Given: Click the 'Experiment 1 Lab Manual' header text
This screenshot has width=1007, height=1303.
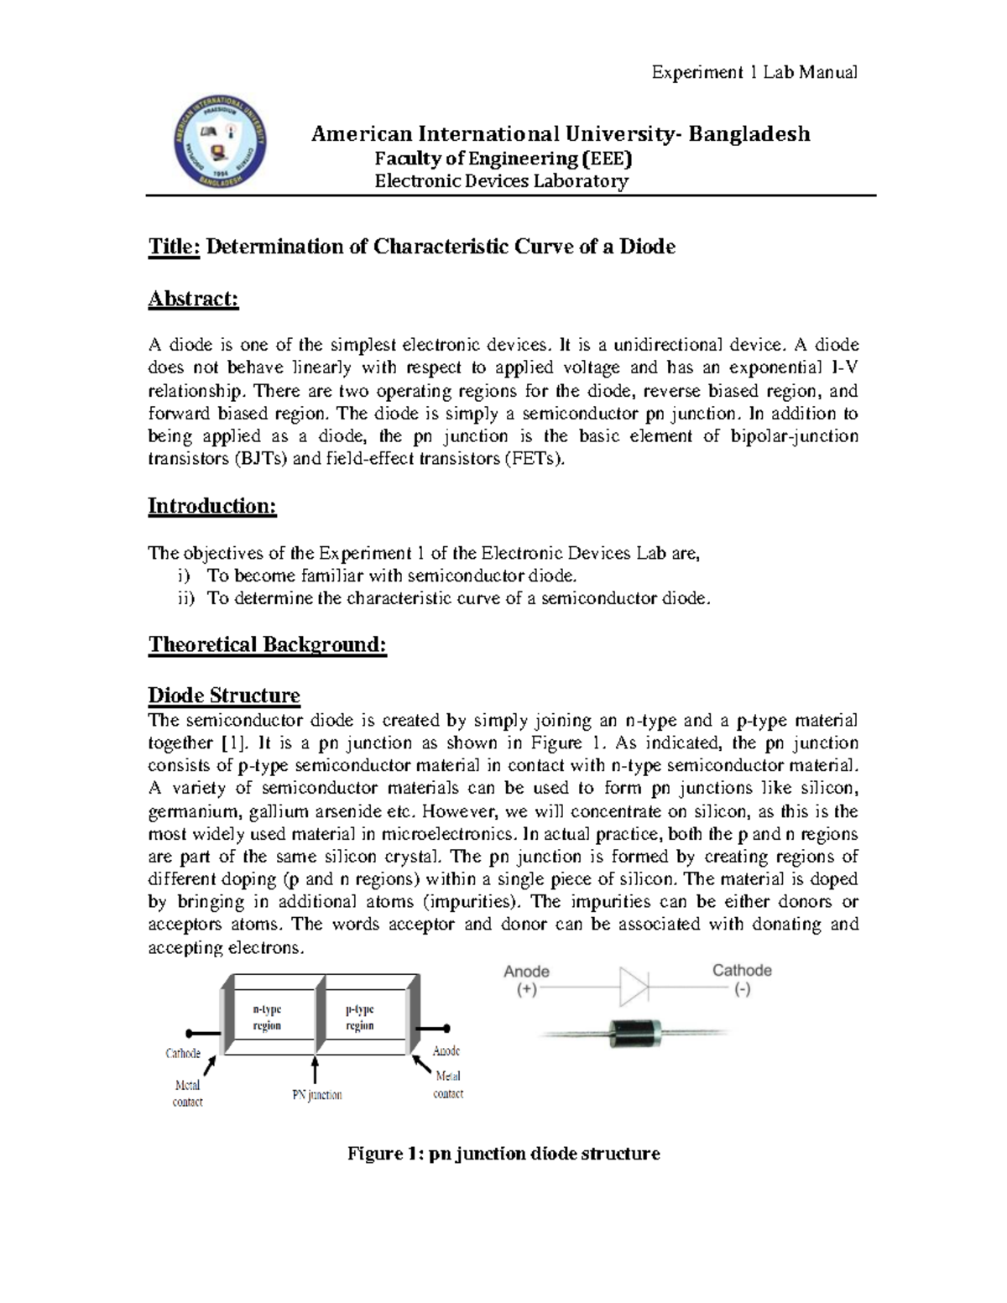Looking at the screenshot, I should click(754, 72).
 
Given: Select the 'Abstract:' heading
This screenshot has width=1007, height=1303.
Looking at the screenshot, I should click(193, 300).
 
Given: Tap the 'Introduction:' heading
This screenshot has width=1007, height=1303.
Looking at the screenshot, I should click(211, 506).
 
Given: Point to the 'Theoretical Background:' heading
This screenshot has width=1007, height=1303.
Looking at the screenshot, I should click(267, 644).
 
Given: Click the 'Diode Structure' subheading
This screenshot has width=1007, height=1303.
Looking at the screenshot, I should click(223, 696).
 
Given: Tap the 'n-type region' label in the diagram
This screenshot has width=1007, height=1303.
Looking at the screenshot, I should click(267, 1018).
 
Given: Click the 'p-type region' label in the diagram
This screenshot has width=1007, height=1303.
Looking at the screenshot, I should click(359, 1018).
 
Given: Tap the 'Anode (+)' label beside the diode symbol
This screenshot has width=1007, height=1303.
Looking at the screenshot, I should click(526, 980).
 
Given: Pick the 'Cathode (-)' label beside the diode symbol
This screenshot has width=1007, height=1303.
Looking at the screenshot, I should click(742, 979).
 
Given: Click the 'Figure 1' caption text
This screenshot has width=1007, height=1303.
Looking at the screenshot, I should click(503, 1154).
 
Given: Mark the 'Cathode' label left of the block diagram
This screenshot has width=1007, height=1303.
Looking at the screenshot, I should click(182, 1052).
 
